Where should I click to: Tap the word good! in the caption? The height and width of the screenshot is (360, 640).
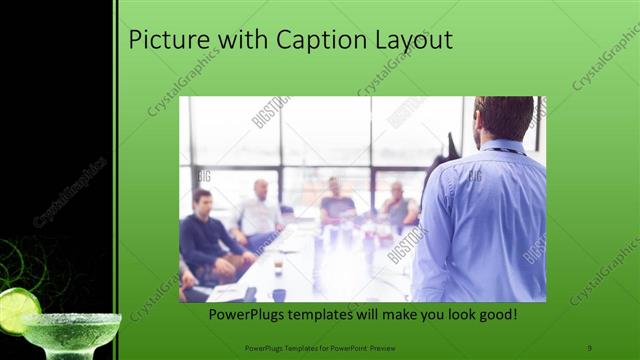point(495,315)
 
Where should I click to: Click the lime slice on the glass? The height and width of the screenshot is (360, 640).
point(17,309)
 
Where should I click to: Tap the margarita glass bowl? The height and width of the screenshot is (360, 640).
point(70,331)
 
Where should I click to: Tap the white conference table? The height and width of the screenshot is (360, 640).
point(300,270)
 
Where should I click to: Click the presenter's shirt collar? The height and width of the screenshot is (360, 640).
point(500,147)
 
